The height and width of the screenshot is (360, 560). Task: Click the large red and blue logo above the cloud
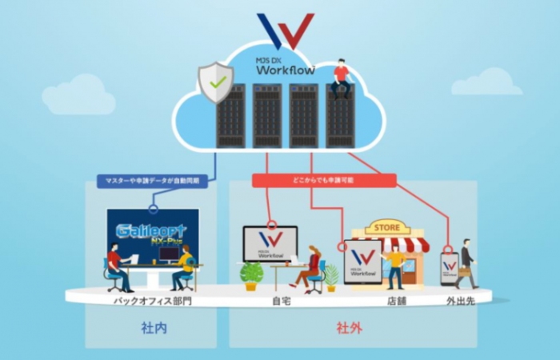[280, 31]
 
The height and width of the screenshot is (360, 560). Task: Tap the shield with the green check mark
[215, 84]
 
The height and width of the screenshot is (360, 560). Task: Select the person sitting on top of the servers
[342, 77]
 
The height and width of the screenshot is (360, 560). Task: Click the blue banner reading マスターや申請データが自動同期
[152, 182]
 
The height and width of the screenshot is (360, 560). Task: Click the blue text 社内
[151, 328]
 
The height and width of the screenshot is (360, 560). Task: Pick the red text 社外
[350, 328]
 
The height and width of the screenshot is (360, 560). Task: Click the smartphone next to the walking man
[450, 269]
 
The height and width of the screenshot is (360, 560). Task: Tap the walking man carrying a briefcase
[466, 262]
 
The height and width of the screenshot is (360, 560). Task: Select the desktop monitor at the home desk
[270, 243]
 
